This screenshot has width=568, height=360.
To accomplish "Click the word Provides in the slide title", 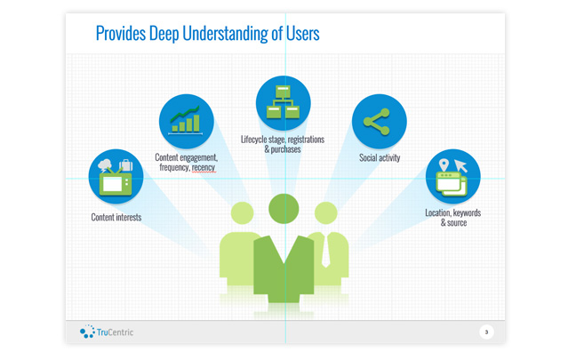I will click(124, 34).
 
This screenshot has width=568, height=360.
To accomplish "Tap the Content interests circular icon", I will click(116, 176).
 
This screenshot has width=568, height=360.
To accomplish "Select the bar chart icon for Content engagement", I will click(186, 121).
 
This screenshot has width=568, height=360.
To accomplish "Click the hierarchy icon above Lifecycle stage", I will click(283, 102).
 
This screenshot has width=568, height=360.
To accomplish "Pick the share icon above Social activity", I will click(379, 122).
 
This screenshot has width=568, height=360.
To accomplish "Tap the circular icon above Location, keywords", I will click(452, 176).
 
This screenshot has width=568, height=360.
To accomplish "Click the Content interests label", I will click(116, 217).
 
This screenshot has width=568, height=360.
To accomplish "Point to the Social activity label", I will click(380, 158).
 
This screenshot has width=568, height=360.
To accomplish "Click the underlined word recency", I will click(204, 167).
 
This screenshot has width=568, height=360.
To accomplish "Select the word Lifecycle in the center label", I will click(257, 140).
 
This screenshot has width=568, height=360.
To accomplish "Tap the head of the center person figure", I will click(284, 209).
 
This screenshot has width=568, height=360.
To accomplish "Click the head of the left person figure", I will click(242, 213).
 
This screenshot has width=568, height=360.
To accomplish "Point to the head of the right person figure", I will click(325, 213).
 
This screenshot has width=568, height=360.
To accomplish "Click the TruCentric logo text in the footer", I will click(115, 332).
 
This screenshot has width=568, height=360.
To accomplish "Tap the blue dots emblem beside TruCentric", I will click(87, 332).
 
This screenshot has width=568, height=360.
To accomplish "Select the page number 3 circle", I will click(486, 332).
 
